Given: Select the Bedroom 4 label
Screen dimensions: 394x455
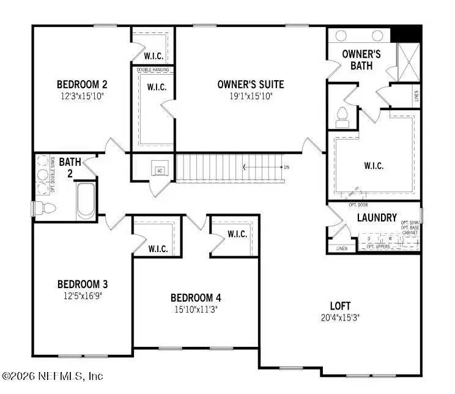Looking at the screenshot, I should pos(196,298).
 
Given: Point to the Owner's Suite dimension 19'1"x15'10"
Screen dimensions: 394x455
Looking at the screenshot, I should pos(250,95).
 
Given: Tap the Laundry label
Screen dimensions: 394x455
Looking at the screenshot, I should pos(377,218).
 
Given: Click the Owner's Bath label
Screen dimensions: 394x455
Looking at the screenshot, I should pos(361,59).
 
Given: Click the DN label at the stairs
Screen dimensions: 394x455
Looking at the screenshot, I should pos(286,167).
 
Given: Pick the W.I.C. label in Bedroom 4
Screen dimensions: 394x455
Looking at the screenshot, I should pos(237,234).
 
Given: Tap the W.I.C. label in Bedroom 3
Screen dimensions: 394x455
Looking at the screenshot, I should pos(158,249).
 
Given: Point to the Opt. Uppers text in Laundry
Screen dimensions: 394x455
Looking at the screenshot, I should pos(378,247).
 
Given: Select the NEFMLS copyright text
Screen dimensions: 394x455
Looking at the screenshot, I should pos(53,376).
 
